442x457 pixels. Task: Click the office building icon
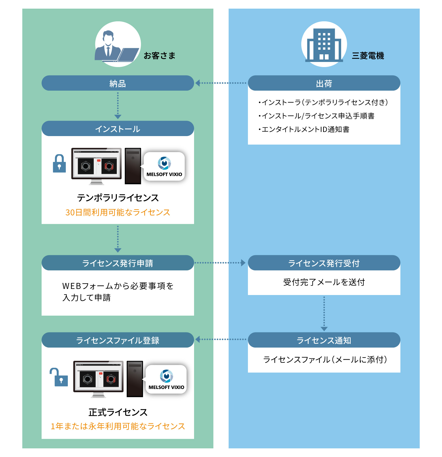(324, 45)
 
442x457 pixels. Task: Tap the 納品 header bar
(118, 83)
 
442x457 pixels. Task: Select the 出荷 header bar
(324, 83)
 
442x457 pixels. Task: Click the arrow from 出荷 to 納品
(221, 83)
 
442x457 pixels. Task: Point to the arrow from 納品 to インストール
(118, 106)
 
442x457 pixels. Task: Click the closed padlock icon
(59, 164)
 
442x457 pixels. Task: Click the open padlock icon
(59, 377)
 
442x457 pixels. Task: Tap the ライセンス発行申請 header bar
(118, 263)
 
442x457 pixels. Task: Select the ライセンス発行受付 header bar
(324, 263)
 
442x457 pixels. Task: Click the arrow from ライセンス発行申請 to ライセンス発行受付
(220, 263)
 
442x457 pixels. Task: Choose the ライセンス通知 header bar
(324, 340)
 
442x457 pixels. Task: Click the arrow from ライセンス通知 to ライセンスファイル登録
(221, 339)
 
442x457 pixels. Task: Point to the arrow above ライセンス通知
(324, 314)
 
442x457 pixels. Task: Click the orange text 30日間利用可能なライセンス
(118, 212)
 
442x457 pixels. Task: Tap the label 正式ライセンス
(118, 412)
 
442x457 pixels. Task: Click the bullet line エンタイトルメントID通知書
(304, 129)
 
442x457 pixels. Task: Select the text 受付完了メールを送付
(324, 282)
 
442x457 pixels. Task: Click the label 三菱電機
(368, 56)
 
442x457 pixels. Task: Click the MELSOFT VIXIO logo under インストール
(164, 167)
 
